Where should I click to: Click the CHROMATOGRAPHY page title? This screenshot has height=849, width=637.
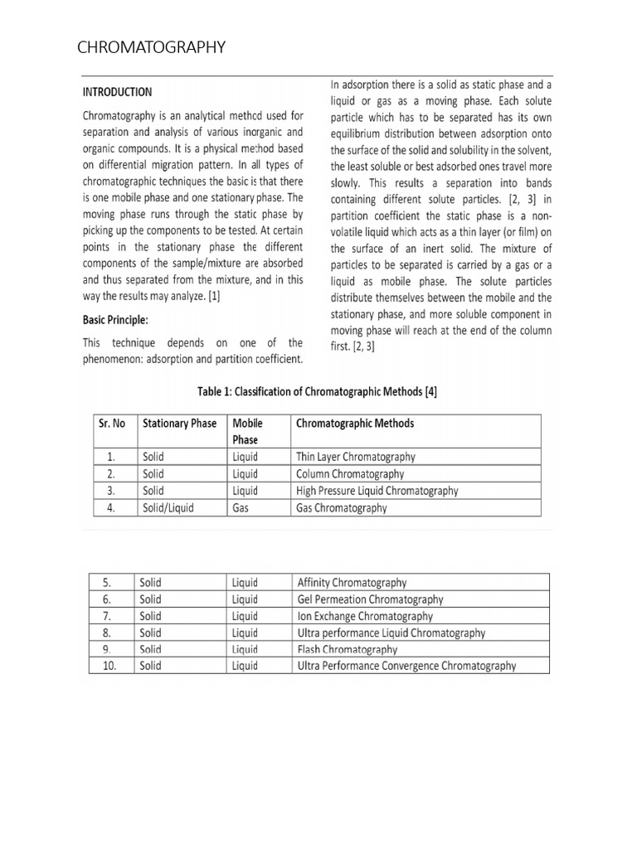pos(151,48)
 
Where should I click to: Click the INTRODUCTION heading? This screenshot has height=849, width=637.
pos(117,92)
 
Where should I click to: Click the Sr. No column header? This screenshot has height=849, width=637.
pos(112,424)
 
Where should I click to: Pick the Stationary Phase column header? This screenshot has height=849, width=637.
pos(179,424)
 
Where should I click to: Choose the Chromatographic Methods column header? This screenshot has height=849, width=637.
pos(355,424)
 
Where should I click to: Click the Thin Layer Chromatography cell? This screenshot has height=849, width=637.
pos(356,457)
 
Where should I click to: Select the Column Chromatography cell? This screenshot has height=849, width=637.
pos(350,474)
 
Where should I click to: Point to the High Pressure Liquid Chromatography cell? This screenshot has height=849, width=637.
pos(377,491)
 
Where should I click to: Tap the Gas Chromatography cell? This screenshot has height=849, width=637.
pos(341,508)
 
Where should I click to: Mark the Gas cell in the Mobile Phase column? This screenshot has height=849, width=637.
pos(241,508)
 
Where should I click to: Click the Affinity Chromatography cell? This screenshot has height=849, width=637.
pos(352,583)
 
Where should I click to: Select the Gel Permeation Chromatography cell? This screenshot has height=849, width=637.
pos(370,599)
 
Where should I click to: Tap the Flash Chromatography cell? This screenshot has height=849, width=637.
pos(347,649)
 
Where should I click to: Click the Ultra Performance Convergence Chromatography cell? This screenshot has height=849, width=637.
pos(406,666)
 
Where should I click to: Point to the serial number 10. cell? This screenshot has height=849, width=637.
pos(111,666)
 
